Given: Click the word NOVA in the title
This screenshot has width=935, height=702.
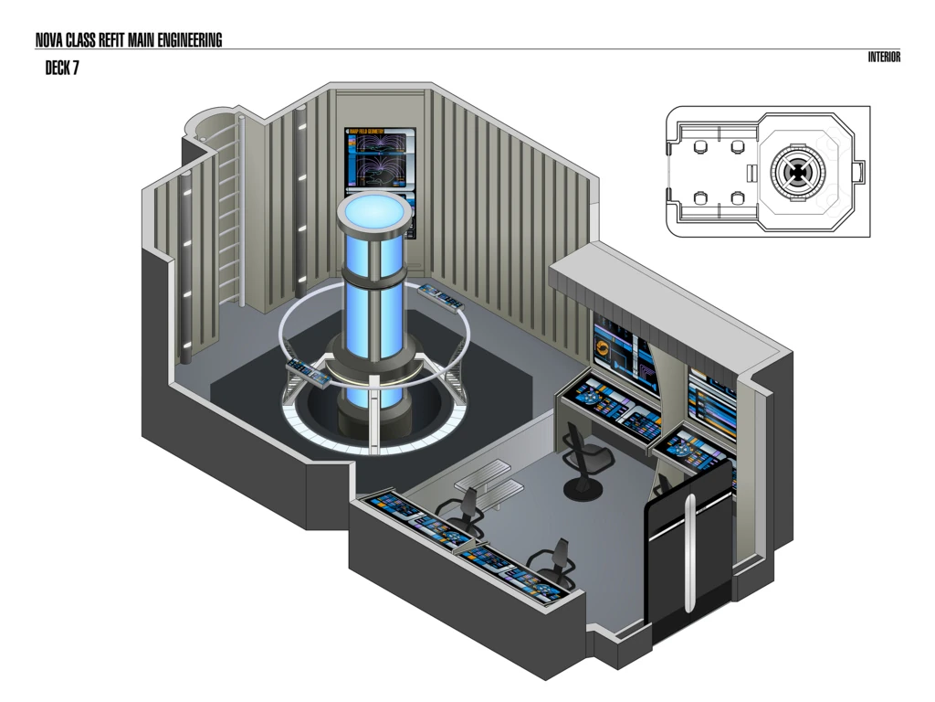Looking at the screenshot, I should tap(49, 40).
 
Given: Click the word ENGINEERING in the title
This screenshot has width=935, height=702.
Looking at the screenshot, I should tap(185, 40).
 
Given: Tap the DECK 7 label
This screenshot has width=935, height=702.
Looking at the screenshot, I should tap(62, 69).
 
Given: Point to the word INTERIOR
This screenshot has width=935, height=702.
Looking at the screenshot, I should tap(884, 58).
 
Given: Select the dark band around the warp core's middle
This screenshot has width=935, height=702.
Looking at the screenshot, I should tap(375, 275).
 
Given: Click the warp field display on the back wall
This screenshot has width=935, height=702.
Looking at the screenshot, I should tap(380, 159).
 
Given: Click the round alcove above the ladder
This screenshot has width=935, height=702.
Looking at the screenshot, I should tap(211, 122).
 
